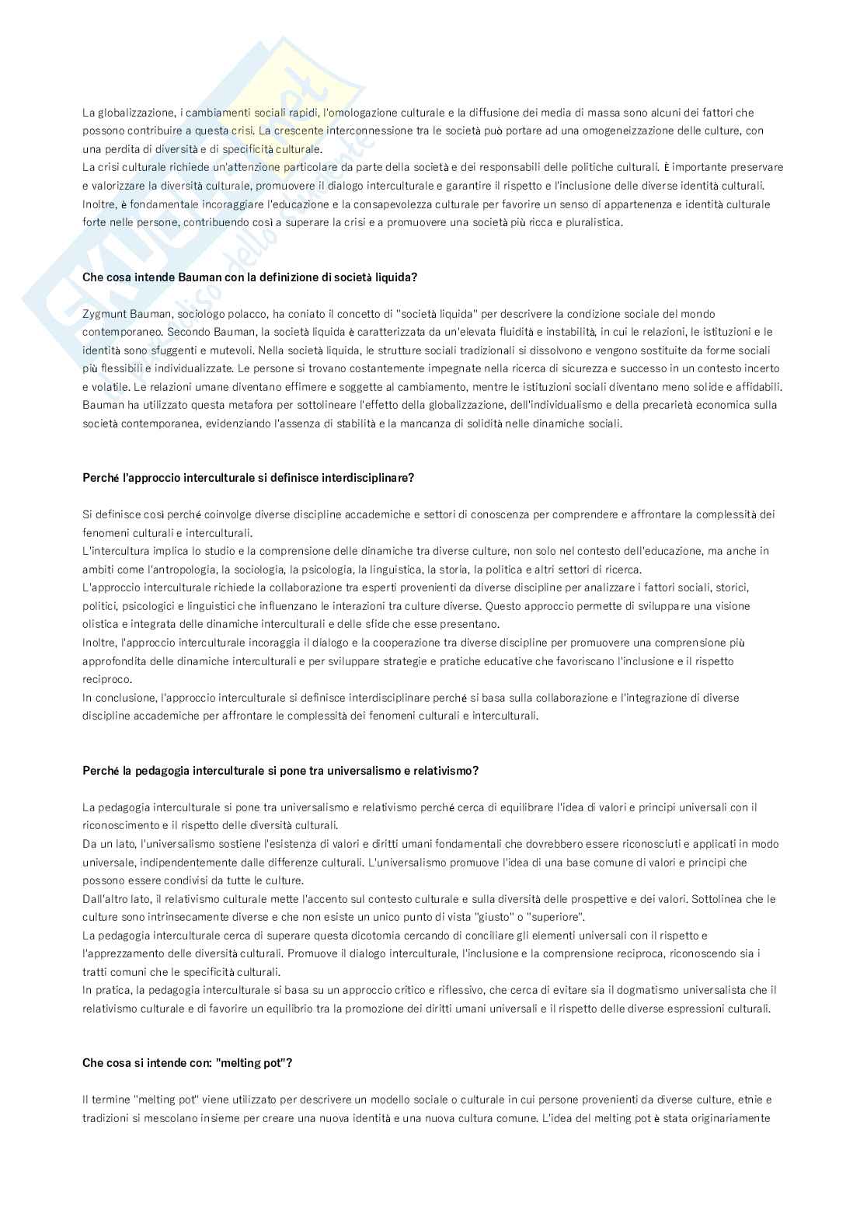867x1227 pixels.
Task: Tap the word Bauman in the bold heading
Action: coord(178,277)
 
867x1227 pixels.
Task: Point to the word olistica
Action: coord(100,624)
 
